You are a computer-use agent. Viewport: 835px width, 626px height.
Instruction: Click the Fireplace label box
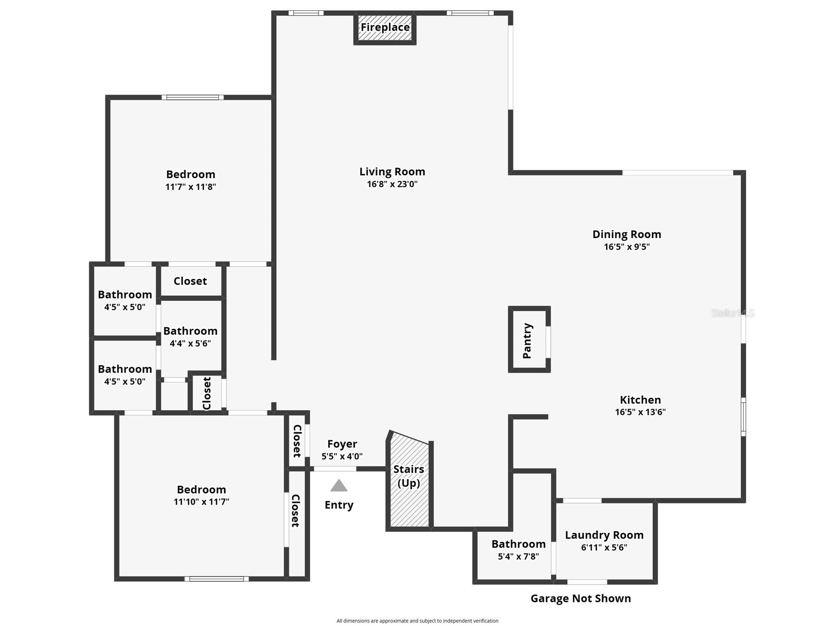[385, 28]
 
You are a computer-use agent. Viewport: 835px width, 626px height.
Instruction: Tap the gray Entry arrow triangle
[338, 486]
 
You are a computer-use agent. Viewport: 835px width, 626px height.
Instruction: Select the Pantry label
[528, 341]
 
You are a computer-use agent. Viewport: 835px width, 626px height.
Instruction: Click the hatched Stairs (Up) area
[409, 499]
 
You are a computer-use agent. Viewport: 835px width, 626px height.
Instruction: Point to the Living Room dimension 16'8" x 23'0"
[392, 184]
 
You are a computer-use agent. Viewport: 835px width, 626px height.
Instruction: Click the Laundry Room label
[604, 535]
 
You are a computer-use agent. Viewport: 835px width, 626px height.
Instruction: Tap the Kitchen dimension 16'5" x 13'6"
[640, 412]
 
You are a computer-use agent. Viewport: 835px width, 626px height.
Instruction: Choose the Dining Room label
[626, 234]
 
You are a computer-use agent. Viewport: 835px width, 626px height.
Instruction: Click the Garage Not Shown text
[580, 598]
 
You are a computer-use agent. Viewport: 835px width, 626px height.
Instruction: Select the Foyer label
[342, 444]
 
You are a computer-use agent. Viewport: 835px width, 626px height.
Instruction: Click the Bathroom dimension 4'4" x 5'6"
[190, 343]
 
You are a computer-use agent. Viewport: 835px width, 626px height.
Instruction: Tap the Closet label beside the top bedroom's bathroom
[190, 281]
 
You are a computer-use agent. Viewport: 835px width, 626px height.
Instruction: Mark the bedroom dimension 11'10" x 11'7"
[201, 502]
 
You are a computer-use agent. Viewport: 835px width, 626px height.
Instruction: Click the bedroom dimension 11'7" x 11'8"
[191, 187]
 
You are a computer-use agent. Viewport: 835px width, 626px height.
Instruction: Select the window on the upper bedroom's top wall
[193, 97]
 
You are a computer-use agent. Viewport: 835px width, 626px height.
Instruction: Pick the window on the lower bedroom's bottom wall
[217, 579]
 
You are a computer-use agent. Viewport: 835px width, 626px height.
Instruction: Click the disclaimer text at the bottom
[417, 621]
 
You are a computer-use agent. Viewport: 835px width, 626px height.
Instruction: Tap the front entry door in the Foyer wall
[335, 469]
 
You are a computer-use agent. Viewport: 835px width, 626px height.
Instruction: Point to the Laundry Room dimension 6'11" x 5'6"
[604, 547]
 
